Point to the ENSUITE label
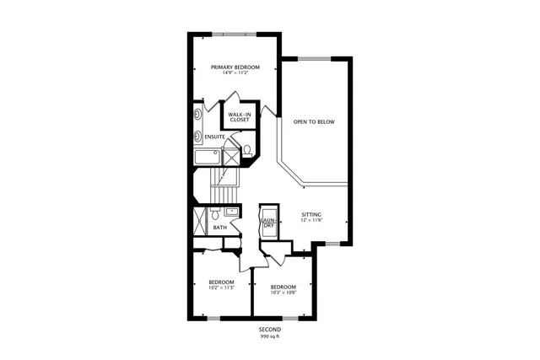click(x=214, y=137)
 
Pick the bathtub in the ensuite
click(x=207, y=157)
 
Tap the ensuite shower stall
click(x=230, y=157)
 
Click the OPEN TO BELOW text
click(x=313, y=122)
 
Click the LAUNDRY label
click(x=268, y=223)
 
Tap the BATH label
click(x=219, y=228)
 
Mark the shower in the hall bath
click(x=199, y=221)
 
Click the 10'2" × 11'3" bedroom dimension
click(x=221, y=287)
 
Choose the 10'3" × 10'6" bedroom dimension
click(x=283, y=293)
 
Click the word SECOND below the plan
click(x=270, y=330)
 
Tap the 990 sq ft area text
click(x=270, y=336)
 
